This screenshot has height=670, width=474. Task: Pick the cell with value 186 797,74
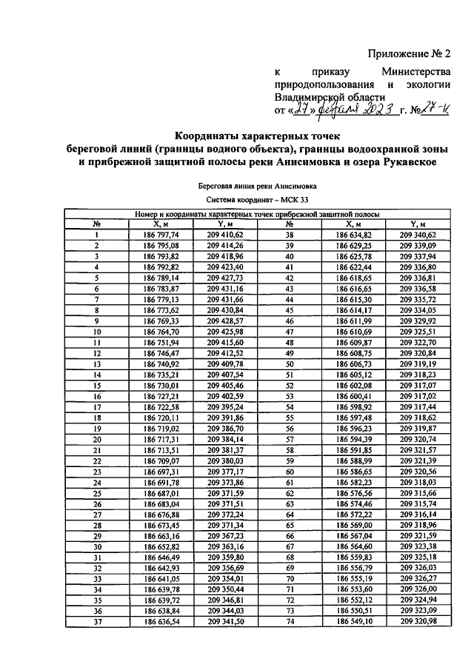pyautogui.click(x=161, y=234)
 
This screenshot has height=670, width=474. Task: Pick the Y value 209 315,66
pyautogui.click(x=418, y=492)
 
